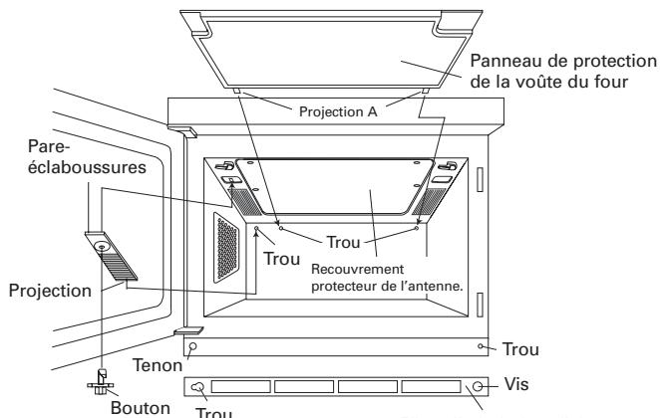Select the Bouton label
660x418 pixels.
tap(133, 406)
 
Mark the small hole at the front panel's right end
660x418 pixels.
tap(482, 346)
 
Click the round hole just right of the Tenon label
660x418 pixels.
tap(193, 347)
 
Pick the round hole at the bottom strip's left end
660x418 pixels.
tap(197, 387)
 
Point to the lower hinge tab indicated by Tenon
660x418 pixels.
tap(187, 329)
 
